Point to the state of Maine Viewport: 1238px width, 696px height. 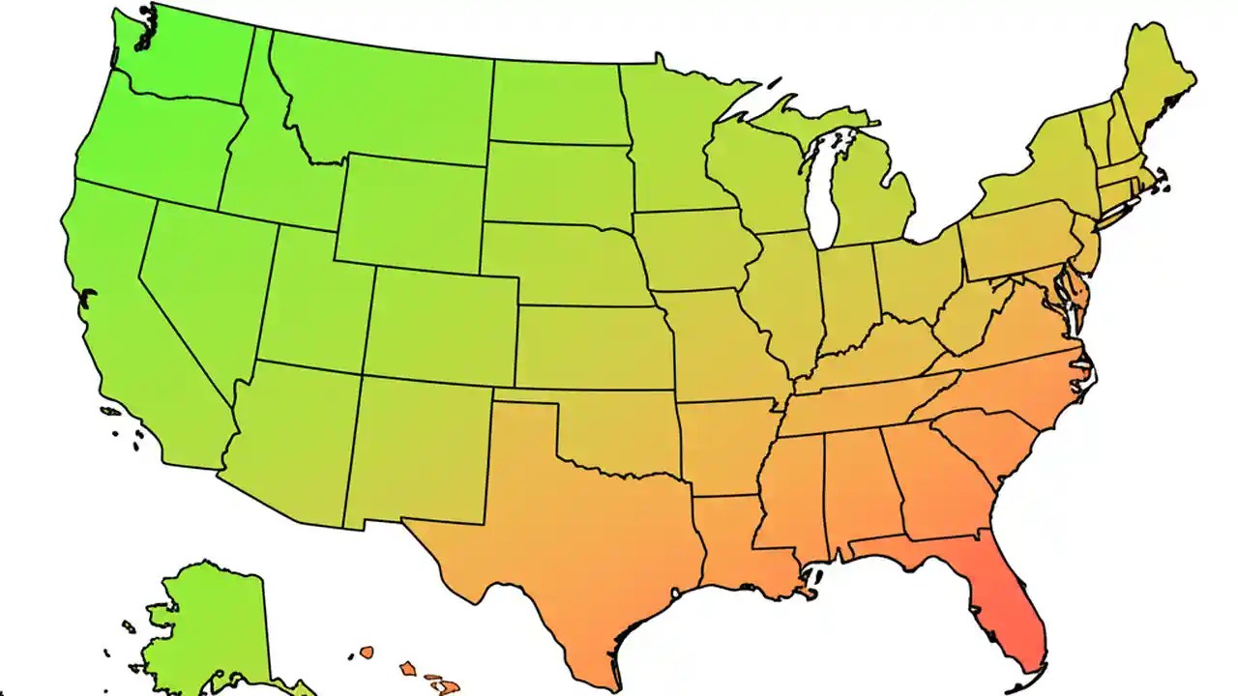pos(1156,77)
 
